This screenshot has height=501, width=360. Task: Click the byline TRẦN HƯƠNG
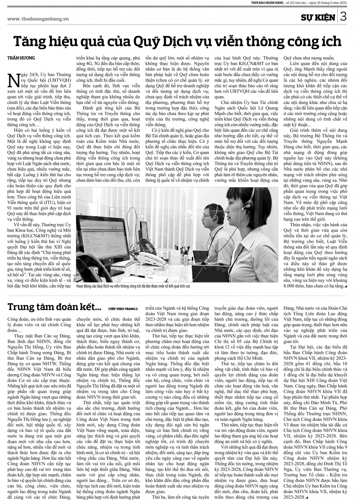pyautogui.click(x=20, y=58)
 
